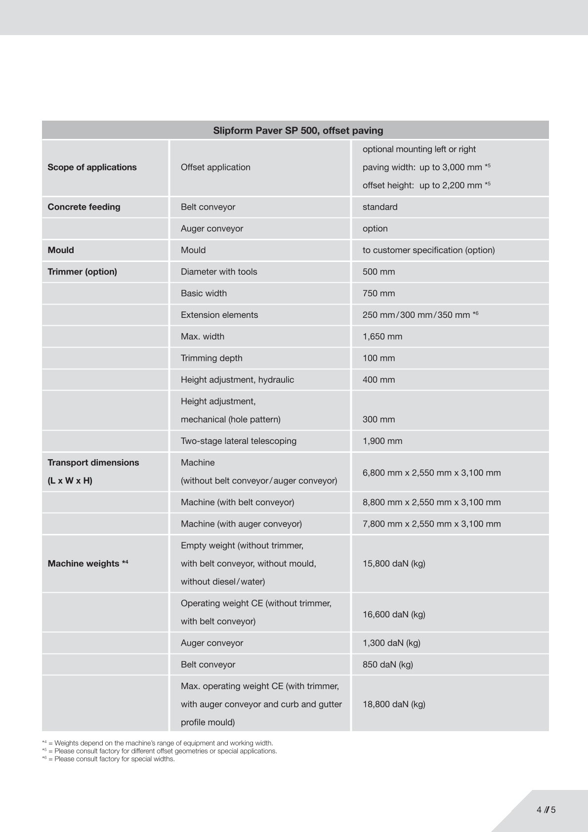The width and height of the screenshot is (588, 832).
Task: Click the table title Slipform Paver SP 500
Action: (298, 131)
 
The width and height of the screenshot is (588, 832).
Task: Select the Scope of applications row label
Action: (92, 167)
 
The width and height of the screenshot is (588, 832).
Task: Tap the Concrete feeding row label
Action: (84, 207)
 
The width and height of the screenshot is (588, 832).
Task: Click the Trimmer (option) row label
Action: (82, 271)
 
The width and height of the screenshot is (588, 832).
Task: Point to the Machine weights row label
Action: (87, 564)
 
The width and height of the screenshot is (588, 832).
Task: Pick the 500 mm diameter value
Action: (378, 271)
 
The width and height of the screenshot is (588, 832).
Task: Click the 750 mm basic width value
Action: (378, 293)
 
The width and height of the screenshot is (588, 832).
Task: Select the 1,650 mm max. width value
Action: (382, 337)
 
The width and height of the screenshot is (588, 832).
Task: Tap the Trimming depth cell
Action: (211, 358)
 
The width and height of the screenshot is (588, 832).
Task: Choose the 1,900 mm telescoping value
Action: (382, 441)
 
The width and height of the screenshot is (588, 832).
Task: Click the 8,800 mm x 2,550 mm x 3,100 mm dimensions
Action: (431, 502)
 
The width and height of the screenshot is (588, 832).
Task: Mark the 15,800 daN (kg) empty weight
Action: (394, 564)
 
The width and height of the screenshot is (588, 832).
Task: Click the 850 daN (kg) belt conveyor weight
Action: (387, 664)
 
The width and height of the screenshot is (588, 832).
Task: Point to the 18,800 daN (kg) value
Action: (394, 704)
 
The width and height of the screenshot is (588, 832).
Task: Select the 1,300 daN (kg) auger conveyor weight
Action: (391, 643)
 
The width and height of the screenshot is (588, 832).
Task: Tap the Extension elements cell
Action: (219, 315)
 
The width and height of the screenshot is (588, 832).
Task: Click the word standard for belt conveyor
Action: (379, 207)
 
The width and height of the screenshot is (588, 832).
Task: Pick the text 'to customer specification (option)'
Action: (428, 250)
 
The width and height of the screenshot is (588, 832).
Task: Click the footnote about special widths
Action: (109, 759)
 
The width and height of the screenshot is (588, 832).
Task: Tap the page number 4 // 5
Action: (546, 810)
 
